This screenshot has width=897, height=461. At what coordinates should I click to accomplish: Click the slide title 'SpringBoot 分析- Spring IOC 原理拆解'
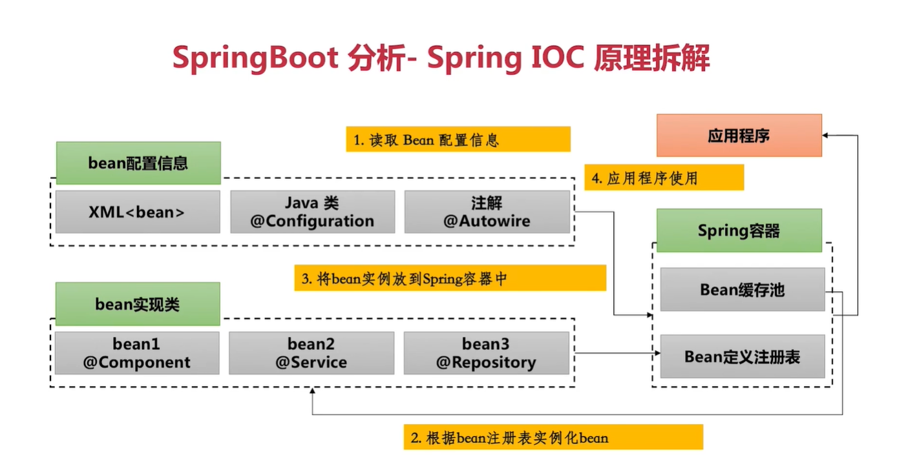(x=441, y=59)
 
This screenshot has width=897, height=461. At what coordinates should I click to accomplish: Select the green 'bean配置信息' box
(x=138, y=163)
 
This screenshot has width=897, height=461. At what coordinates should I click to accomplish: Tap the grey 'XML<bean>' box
(x=138, y=211)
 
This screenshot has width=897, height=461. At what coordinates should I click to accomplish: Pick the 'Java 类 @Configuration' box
(x=312, y=211)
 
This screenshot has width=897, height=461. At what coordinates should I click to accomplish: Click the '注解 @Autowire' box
(x=487, y=211)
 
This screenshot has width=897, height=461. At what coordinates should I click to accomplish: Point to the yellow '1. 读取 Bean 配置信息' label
(x=458, y=139)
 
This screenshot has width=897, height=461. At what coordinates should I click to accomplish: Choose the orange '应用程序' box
(x=739, y=136)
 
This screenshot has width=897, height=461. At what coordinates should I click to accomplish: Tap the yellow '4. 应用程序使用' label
(x=664, y=178)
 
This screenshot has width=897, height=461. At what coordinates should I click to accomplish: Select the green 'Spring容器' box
(x=739, y=230)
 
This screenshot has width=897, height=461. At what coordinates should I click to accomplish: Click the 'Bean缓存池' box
(x=742, y=289)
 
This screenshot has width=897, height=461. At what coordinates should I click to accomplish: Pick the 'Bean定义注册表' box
(x=742, y=356)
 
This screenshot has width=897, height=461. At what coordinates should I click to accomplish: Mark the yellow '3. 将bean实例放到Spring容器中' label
(x=450, y=278)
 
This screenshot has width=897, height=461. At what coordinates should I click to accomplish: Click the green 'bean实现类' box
(x=138, y=303)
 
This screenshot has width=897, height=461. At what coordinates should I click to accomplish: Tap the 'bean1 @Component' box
(x=137, y=353)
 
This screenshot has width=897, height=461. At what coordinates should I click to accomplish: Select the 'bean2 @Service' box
(x=311, y=353)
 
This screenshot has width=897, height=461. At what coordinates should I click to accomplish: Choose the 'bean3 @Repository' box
(x=486, y=353)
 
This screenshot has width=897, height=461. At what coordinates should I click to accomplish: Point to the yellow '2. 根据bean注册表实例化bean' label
(x=553, y=437)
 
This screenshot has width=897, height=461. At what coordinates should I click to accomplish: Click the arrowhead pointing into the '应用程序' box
(x=827, y=135)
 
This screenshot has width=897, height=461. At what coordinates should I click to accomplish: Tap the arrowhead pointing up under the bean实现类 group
(x=313, y=391)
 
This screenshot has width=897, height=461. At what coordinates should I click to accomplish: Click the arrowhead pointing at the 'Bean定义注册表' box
(x=657, y=353)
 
